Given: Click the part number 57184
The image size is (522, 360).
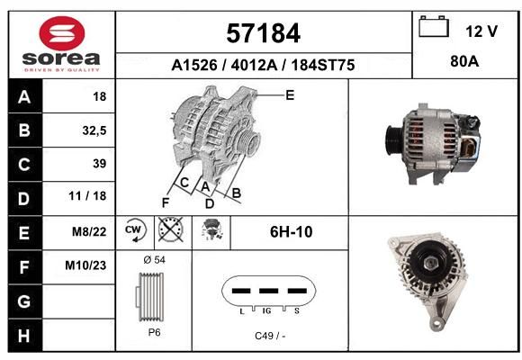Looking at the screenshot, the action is click(263, 33).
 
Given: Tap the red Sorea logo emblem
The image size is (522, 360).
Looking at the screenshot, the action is click(62, 33).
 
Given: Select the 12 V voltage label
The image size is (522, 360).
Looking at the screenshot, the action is click(481, 31).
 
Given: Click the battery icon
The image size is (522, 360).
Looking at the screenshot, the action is click(434, 26).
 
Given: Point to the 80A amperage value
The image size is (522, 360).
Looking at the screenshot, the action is click(464, 61).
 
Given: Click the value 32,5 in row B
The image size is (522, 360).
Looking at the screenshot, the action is click(94, 130).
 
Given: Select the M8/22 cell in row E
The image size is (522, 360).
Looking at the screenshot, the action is click(89, 231).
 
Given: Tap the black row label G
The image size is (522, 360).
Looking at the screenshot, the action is click(24, 301).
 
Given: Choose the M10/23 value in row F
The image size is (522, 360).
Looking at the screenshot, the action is click(85, 265).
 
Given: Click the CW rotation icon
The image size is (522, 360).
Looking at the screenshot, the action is click(134, 229).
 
